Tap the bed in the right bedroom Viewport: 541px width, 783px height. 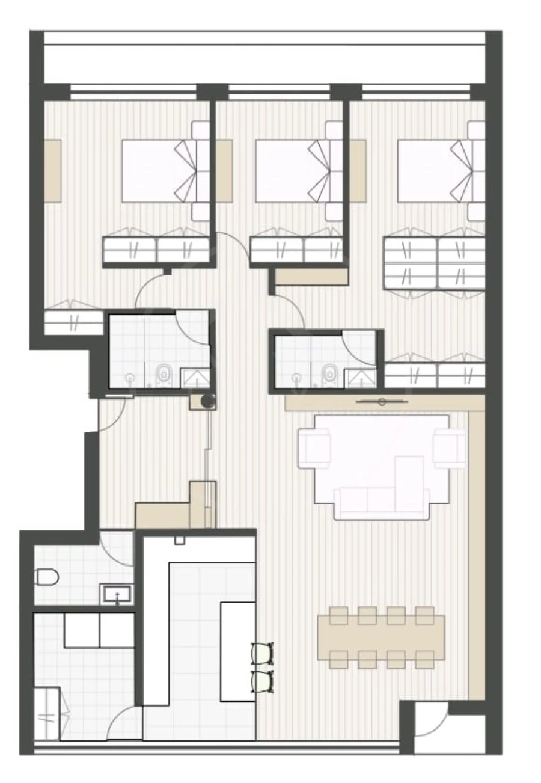coord(433,171)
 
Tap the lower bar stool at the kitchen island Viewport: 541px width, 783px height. coord(263,681)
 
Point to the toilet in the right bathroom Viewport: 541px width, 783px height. coord(329,374)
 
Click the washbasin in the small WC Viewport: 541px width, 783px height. coord(117,595)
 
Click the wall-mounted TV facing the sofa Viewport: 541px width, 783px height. coord(382,401)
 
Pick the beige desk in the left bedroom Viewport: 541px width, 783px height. coord(53,171)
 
